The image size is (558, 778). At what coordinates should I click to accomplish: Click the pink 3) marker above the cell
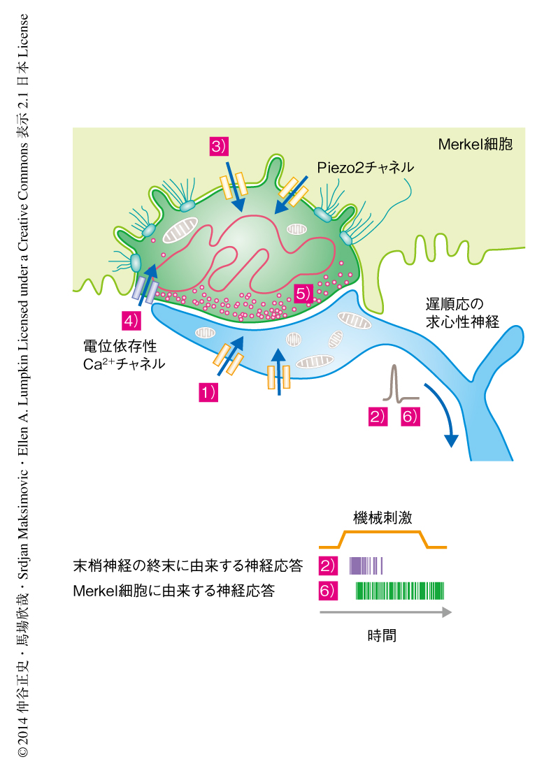[x=219, y=146]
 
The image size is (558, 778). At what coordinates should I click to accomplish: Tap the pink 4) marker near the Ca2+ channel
[x=131, y=321]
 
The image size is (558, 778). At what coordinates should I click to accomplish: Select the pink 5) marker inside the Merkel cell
[x=303, y=294]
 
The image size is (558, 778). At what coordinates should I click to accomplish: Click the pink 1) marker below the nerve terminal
[x=208, y=392]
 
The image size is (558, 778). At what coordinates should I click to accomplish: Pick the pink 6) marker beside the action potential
[x=410, y=417]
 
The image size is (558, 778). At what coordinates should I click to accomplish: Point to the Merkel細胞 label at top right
[x=475, y=145]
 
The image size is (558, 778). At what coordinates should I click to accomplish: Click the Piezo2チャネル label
[x=366, y=168]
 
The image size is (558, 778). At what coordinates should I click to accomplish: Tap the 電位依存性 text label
[x=120, y=346]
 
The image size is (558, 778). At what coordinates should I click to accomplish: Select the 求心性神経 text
[x=462, y=322]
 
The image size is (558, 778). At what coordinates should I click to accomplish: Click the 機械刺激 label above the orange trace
[x=382, y=517]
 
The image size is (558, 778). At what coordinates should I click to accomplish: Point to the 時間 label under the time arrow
[x=382, y=635]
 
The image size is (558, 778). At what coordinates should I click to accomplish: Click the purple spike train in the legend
[x=366, y=566]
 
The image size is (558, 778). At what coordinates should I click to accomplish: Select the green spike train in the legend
[x=400, y=591]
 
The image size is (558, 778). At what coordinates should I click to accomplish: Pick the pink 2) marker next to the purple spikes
[x=328, y=566]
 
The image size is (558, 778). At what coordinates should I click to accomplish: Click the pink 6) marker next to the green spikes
[x=328, y=591]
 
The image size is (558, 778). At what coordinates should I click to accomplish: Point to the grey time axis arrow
[x=386, y=612]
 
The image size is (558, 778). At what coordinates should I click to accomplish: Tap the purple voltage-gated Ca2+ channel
[x=145, y=290]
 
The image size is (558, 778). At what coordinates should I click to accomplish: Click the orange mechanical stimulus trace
[x=382, y=540]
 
